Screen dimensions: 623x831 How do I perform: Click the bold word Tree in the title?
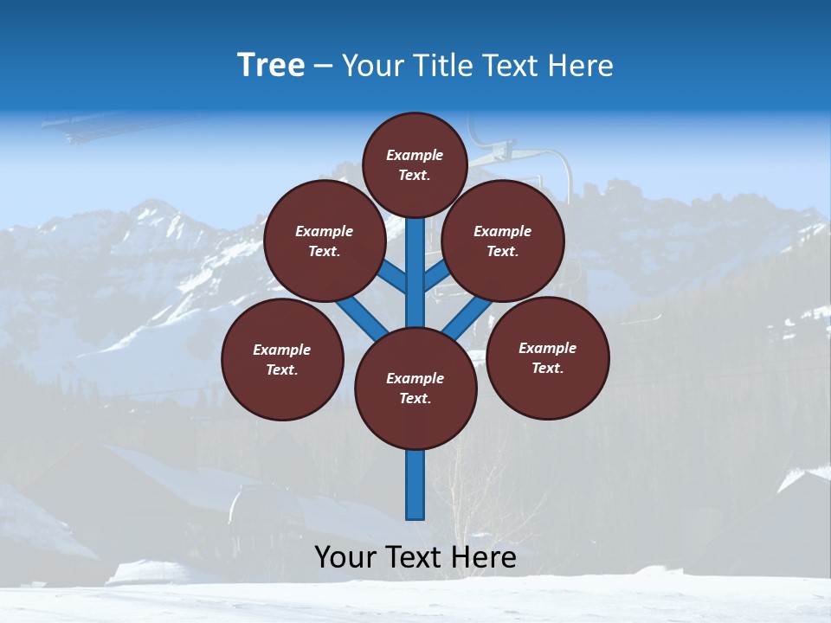271,65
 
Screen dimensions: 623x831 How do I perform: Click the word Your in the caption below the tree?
345,557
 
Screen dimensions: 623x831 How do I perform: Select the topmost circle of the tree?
415,164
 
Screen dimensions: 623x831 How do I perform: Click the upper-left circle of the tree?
325,241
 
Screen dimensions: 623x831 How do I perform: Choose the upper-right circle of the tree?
503,241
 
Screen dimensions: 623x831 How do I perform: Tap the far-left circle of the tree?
282,359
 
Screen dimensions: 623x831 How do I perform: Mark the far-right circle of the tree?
548,357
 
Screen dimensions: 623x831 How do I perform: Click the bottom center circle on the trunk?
415,388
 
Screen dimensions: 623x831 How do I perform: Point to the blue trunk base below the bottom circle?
415,485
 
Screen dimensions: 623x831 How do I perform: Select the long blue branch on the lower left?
362,317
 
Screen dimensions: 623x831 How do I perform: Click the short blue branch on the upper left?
394,278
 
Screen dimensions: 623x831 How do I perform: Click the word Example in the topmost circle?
415,155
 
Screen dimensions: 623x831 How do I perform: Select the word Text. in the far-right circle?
547,368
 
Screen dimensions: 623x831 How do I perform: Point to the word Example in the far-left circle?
281,350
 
